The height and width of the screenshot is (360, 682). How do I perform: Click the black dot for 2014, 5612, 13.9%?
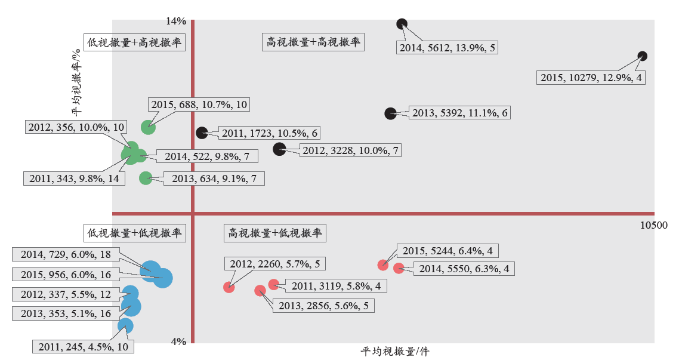click(402, 24)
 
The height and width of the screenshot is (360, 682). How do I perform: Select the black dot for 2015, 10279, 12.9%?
click(643, 56)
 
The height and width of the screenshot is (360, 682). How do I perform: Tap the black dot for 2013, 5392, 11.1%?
click(391, 113)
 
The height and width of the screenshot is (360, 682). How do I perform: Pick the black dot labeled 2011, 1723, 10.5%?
click(202, 133)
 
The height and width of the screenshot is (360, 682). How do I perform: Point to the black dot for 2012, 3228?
click(279, 149)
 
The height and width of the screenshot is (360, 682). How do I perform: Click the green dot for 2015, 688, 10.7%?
click(149, 127)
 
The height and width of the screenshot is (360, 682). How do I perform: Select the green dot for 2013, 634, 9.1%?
click(146, 178)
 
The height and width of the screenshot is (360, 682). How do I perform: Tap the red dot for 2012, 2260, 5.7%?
click(229, 287)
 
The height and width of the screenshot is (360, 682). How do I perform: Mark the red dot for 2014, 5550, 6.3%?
click(399, 268)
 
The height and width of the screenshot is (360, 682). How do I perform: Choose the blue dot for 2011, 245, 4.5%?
click(125, 326)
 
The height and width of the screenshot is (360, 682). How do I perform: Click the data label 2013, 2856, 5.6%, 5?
click(323, 306)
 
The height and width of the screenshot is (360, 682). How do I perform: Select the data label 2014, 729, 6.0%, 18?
click(66, 254)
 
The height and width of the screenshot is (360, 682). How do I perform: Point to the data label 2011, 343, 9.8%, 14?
click(75, 179)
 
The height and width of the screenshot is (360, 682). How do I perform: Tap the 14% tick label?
click(175, 21)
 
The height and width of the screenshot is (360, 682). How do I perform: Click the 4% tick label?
click(178, 341)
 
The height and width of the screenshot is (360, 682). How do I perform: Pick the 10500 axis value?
click(654, 225)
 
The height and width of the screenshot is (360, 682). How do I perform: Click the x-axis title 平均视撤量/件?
click(394, 352)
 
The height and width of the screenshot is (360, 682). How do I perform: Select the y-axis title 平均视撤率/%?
click(77, 82)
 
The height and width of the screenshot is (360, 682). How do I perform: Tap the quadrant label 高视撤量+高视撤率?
click(313, 42)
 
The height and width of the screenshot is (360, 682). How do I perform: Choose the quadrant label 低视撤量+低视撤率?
click(134, 233)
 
